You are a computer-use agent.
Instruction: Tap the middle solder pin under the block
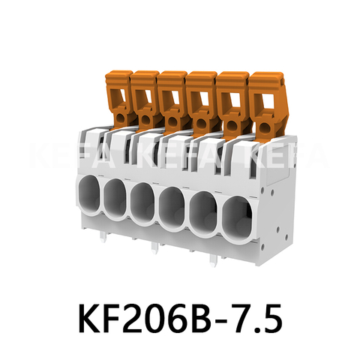click(x=154, y=248)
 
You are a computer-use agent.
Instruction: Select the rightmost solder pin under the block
click(x=214, y=259)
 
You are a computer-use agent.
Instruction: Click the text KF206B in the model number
click(x=147, y=319)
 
